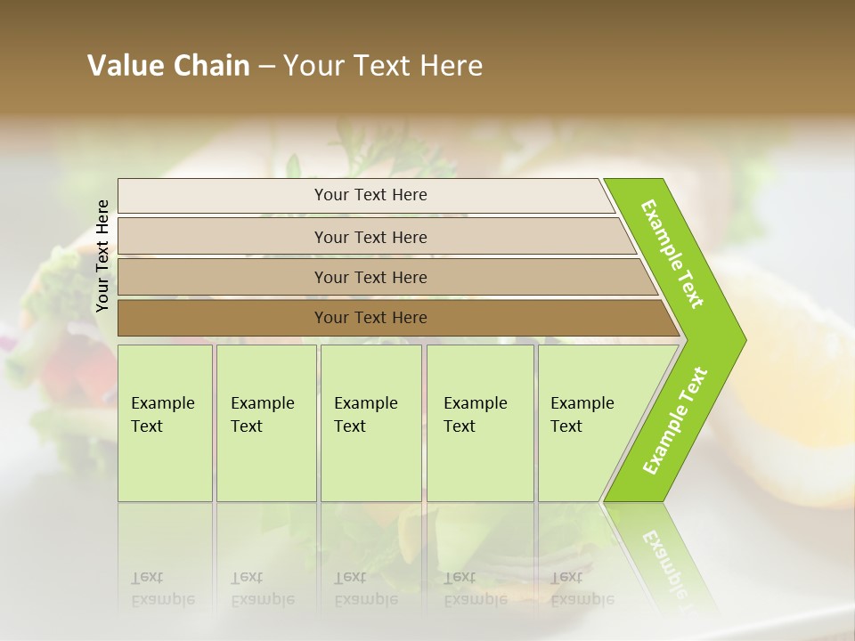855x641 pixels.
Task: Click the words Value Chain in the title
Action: pos(168,66)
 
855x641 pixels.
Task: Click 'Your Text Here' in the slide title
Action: pos(383,66)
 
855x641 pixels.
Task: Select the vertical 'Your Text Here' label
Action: pos(102,256)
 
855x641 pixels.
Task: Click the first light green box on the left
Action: pos(165,423)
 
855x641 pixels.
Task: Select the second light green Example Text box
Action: pos(265,423)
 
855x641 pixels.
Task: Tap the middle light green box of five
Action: pos(370,423)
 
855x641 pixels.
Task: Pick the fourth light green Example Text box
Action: pos(479,423)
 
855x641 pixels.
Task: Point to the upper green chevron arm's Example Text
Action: pos(673,254)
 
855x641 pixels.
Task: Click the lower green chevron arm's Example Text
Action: pos(675,421)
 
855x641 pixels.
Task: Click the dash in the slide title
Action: pos(266,66)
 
